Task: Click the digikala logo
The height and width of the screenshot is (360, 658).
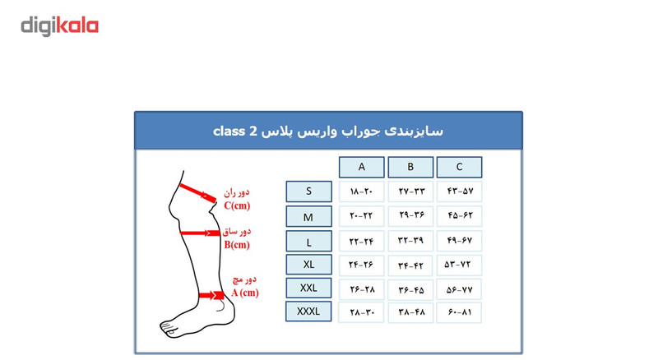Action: point(59,26)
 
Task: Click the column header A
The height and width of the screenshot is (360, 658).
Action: point(361,167)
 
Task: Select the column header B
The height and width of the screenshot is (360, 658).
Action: point(410,167)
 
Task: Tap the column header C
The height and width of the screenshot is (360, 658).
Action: point(459,167)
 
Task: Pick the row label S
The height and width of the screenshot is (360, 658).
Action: point(309,192)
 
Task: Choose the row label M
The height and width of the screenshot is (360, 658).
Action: point(309,216)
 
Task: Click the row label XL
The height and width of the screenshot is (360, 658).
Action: point(309,265)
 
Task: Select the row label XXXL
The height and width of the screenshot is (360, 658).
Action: point(308,312)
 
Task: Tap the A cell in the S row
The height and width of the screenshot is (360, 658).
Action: point(361,192)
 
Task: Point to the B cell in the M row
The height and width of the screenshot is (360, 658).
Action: point(410,215)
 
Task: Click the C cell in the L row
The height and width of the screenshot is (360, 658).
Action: point(459,241)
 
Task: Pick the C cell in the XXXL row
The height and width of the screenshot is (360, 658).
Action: point(459,312)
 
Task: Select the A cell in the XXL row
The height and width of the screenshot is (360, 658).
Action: point(362,289)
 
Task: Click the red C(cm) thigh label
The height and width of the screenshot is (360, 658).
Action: point(237,205)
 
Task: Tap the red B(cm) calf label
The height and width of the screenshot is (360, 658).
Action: point(237,245)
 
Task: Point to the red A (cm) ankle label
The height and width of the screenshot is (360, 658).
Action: point(244,293)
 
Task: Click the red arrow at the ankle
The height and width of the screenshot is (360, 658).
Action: point(211,295)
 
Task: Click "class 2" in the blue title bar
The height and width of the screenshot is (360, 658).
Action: point(235,131)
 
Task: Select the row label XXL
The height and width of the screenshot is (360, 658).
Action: point(309,288)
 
